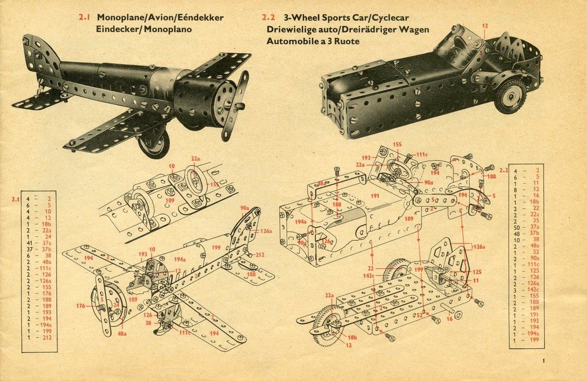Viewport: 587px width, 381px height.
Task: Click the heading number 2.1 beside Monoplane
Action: point(85,18)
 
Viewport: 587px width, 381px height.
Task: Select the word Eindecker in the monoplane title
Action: point(119,29)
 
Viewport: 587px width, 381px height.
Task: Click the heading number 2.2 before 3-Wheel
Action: point(269,18)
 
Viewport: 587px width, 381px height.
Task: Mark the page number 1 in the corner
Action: point(543,361)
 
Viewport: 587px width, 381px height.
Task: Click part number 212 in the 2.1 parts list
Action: point(47,338)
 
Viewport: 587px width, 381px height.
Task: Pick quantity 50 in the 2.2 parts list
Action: point(516,226)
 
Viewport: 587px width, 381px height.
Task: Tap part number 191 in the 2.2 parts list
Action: point(535,315)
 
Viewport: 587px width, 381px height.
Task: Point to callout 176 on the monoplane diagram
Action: point(81,306)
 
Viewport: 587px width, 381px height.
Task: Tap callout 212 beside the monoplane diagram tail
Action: point(260,255)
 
